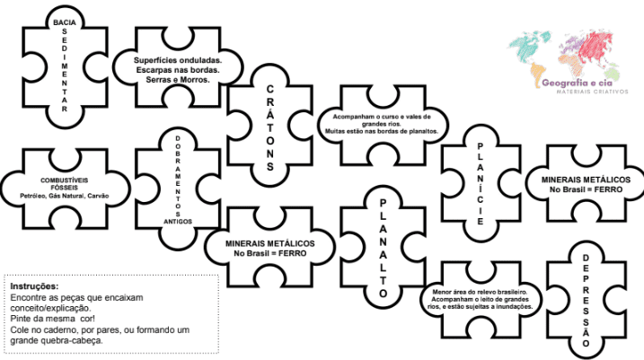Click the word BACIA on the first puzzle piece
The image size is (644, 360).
[x=65, y=22]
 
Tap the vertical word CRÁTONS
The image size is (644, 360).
[x=269, y=127]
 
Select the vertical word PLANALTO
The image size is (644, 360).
[x=383, y=249]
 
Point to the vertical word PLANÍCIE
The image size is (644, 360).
[x=481, y=183]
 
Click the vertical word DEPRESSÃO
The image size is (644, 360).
[x=586, y=301]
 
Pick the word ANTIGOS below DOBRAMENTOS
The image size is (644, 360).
[x=178, y=222]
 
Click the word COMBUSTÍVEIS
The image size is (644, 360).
[x=64, y=180]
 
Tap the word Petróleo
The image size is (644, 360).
[x=33, y=196]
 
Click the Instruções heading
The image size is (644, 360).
[x=34, y=286]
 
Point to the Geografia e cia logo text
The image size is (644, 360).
[x=577, y=83]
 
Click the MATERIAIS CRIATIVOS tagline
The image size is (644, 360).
[x=592, y=92]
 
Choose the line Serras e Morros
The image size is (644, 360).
[x=178, y=80]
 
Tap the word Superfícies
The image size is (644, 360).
[x=154, y=60]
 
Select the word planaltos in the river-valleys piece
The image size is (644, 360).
[x=424, y=131]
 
